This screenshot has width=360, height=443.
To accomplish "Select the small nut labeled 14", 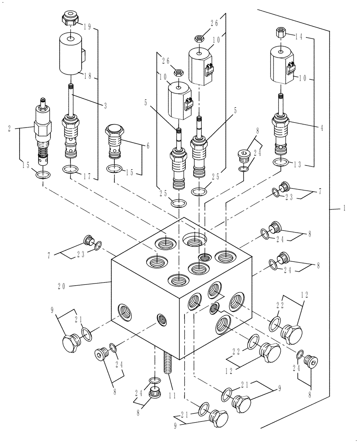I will (280, 32).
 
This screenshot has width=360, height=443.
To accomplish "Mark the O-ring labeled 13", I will (280, 163).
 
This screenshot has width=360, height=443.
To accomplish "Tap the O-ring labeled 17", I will (71, 170).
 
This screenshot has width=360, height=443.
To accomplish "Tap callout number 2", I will (9, 129).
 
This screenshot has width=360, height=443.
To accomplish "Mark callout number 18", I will (90, 76).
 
